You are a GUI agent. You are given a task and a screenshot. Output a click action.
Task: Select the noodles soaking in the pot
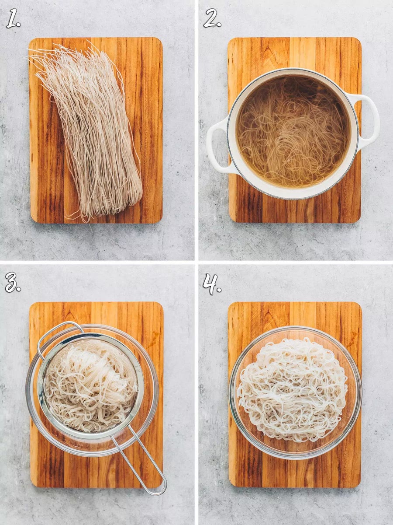(x=293, y=131)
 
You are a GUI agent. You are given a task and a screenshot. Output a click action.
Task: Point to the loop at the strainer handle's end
(x=160, y=488)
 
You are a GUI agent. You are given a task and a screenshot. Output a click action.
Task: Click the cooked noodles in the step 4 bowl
(x=293, y=389)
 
